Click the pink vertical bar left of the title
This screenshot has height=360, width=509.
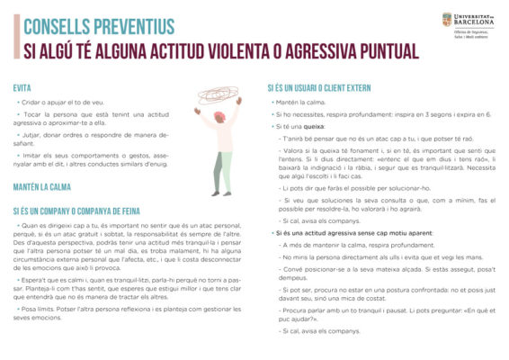pyautogui.click(x=15, y=38)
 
